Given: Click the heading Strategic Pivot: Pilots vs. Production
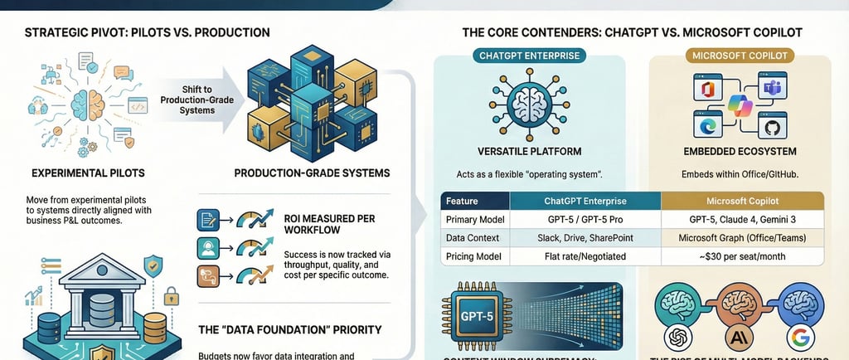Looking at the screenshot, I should click(x=147, y=33).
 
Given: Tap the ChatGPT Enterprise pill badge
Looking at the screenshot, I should click(x=530, y=56).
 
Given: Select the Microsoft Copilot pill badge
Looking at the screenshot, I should click(x=738, y=56).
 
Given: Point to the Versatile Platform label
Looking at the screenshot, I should click(x=529, y=152).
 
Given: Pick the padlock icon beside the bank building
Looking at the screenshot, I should click(x=172, y=295).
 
